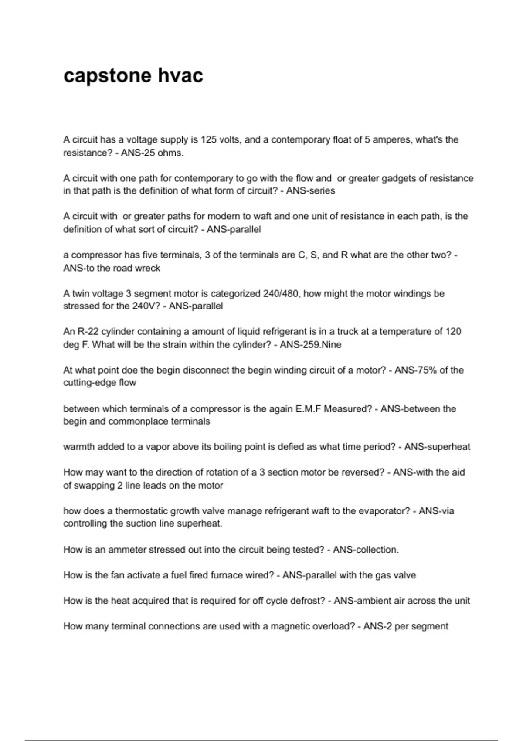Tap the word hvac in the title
[180, 76]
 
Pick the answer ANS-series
[310, 191]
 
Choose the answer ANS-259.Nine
[310, 345]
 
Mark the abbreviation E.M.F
[308, 409]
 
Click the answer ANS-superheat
[437, 447]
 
